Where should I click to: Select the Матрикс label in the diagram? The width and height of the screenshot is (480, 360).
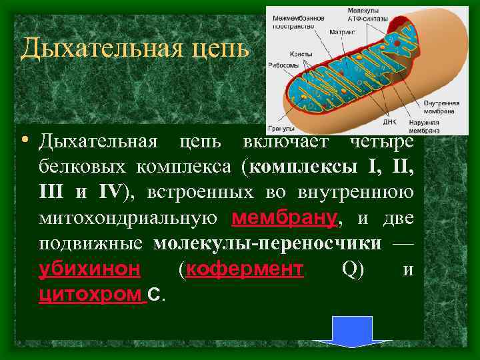coord(342,31)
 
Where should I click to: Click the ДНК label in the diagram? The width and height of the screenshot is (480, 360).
coord(390,122)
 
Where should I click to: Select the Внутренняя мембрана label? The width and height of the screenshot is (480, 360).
coord(440,107)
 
